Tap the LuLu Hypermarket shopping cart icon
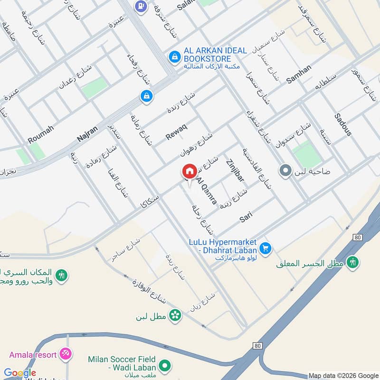pos(266,248)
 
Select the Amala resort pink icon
pos(66,354)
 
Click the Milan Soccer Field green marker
pos(164,365)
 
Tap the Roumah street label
pos(41,133)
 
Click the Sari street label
pos(246,217)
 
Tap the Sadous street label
pos(342,124)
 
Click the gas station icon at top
pos(140,6)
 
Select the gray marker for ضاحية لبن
pos(285,170)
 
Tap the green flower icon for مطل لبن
pos(176,314)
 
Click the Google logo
pos(20,373)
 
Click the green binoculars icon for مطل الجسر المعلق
pos(352,262)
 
